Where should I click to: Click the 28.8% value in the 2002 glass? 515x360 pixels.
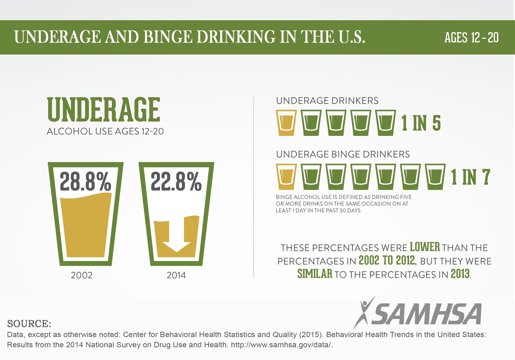[x=85, y=182]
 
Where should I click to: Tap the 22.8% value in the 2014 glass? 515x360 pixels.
[x=176, y=182]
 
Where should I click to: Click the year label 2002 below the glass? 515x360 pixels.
[x=82, y=275]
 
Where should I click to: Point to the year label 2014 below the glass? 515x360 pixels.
[x=176, y=275]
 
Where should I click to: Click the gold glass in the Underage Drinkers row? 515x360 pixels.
[x=286, y=123]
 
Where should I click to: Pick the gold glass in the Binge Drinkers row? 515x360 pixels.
[x=286, y=177]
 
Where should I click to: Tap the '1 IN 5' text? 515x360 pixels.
[x=421, y=123]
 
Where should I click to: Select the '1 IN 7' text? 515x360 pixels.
[x=470, y=177]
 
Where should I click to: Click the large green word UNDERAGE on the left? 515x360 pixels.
[x=104, y=110]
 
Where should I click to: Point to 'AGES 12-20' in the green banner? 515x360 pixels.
[x=471, y=38]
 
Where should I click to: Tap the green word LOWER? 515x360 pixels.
[x=425, y=247]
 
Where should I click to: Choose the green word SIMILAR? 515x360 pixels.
[x=315, y=274]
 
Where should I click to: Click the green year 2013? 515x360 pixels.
[x=460, y=274]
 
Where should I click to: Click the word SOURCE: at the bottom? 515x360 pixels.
[x=29, y=324]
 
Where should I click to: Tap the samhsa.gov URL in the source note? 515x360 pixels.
[x=282, y=345]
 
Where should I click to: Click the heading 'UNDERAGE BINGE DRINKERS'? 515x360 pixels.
[x=343, y=154]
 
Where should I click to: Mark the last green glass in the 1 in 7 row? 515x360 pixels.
[x=435, y=177]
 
